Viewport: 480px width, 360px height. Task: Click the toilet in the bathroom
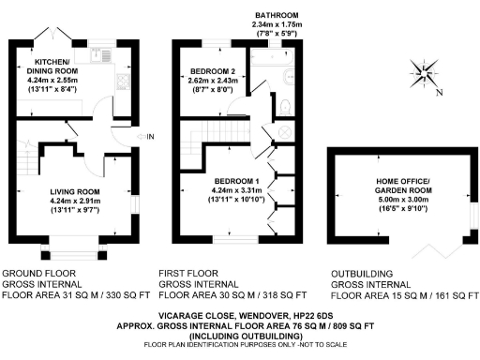tap(285, 108)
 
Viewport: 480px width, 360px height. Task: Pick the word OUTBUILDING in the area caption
tap(361, 275)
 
